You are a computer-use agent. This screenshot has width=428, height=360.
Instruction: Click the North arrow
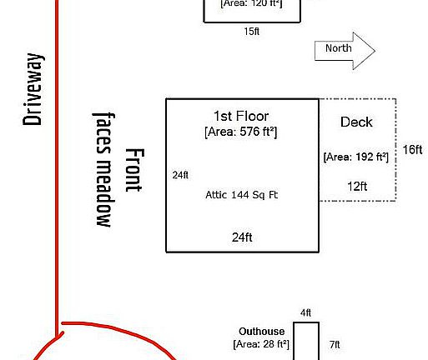click(345, 51)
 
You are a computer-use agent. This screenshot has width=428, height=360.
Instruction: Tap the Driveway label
click(33, 89)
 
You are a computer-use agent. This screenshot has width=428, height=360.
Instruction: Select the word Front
click(134, 170)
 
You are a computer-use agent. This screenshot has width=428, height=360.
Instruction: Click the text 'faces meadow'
click(104, 170)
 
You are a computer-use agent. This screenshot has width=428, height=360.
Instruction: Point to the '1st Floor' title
click(241, 116)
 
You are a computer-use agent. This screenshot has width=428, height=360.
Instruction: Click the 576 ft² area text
click(241, 132)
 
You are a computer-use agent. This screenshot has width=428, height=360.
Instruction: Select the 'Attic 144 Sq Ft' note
click(242, 195)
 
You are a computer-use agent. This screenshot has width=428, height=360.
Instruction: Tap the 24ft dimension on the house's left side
click(180, 175)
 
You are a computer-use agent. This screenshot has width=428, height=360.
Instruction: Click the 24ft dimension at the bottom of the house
click(242, 237)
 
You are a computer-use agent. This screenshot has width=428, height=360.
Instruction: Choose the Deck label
click(356, 122)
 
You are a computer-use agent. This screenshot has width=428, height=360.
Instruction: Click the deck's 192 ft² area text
click(356, 157)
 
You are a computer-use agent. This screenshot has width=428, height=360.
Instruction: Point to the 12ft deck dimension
click(357, 186)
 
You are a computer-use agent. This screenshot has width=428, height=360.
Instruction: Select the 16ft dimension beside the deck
click(412, 150)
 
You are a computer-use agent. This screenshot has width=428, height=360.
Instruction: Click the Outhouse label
click(262, 331)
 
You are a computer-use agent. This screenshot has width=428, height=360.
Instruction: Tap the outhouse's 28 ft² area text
click(261, 344)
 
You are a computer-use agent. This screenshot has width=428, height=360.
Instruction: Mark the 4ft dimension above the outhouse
click(305, 312)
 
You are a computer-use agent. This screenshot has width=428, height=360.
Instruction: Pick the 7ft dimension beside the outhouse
click(335, 344)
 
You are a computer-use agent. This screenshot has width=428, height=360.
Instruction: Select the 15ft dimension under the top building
click(252, 32)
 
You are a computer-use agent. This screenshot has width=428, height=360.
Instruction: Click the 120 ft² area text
click(251, 4)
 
